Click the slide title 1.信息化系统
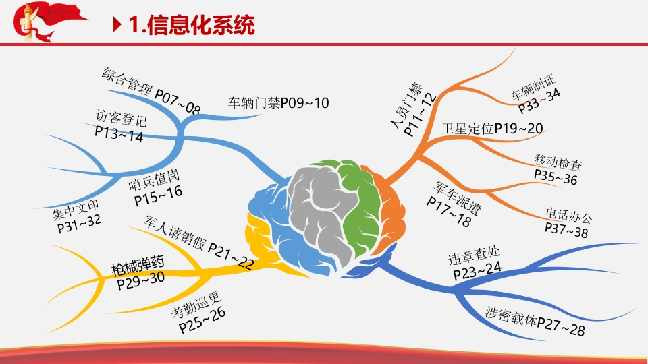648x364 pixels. click(191, 25)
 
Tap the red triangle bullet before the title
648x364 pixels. click(117, 25)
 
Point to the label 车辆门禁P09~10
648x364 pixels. click(279, 102)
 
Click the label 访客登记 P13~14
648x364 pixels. click(120, 126)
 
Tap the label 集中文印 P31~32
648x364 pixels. click(77, 216)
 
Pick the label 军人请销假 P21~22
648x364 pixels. click(198, 242)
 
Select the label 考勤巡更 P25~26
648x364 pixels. click(198, 312)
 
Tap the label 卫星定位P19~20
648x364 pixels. click(492, 129)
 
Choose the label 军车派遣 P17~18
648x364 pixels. click(454, 204)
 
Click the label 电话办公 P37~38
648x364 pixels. click(568, 223)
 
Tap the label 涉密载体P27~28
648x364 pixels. click(535, 321)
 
